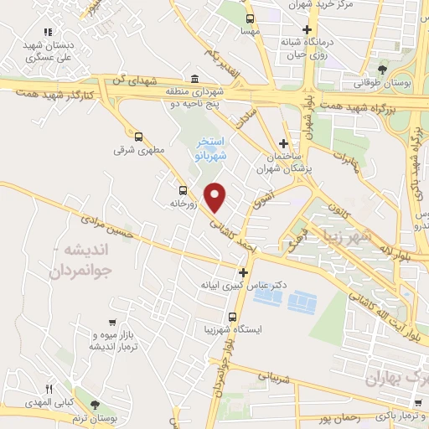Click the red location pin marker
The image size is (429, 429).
click(x=216, y=197)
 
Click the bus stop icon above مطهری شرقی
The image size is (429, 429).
click(x=138, y=136)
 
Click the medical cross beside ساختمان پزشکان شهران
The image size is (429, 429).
click(x=283, y=144)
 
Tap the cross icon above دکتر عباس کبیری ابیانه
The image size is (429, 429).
click(x=243, y=272)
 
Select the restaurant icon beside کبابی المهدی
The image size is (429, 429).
click(x=49, y=388)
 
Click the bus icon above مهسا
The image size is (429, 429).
click(x=249, y=18)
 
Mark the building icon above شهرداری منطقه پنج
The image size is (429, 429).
click(x=194, y=75)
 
